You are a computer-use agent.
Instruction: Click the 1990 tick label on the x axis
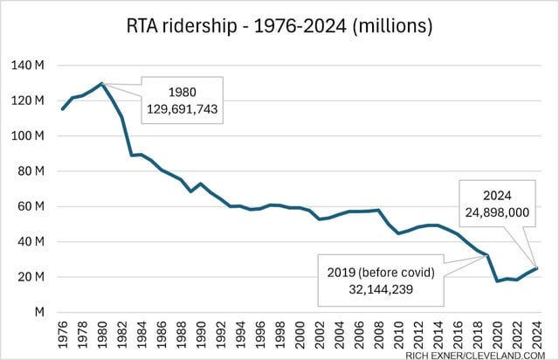[x=201, y=332]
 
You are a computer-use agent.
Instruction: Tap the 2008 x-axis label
[x=378, y=332]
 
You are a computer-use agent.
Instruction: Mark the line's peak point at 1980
[x=102, y=83]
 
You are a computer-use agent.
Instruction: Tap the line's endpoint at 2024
[x=536, y=268]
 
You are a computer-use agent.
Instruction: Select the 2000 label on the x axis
[x=300, y=332]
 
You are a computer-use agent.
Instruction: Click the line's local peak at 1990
[x=201, y=183]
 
